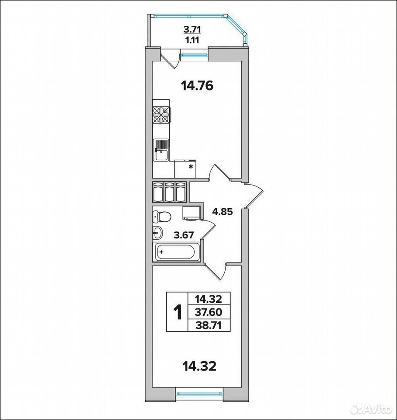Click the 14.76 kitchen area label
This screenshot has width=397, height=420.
[x=197, y=86]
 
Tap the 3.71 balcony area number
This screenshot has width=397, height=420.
[x=192, y=29]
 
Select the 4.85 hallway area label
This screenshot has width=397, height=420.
[x=223, y=212]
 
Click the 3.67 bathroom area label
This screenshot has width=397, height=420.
[x=184, y=235]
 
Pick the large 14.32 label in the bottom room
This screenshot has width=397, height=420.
[x=200, y=366]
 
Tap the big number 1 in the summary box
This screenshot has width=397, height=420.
[x=178, y=311]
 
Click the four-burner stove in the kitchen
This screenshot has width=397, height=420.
[x=161, y=115]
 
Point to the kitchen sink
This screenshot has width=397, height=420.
[x=161, y=150]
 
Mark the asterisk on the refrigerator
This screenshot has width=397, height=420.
[x=191, y=167]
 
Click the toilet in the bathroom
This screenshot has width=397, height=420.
[x=161, y=217]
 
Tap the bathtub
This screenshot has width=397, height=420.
[x=176, y=252]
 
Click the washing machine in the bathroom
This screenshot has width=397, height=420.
[x=192, y=213]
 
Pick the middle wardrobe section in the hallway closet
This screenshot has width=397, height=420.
[x=169, y=192]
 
